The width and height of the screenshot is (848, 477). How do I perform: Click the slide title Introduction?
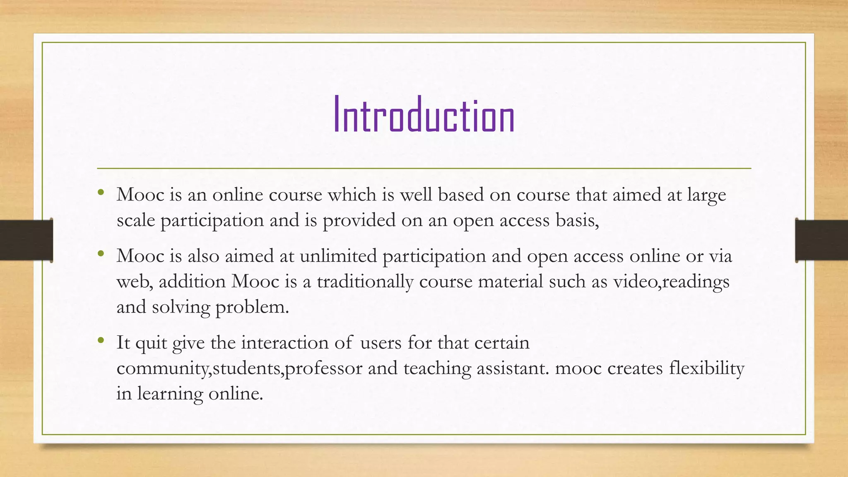(424, 115)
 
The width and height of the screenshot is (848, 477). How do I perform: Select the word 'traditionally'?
(365, 282)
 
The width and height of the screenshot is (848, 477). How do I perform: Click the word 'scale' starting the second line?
(135, 220)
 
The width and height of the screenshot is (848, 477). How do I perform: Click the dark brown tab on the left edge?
(26, 240)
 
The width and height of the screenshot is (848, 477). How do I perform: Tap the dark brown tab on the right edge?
(821, 240)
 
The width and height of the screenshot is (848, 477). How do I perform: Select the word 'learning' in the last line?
(170, 394)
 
